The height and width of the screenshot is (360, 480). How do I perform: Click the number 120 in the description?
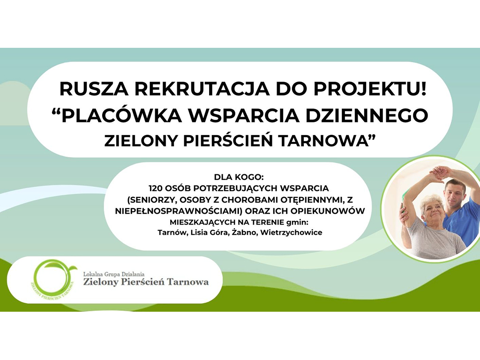155,187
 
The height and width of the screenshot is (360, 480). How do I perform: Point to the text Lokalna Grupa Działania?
114,274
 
